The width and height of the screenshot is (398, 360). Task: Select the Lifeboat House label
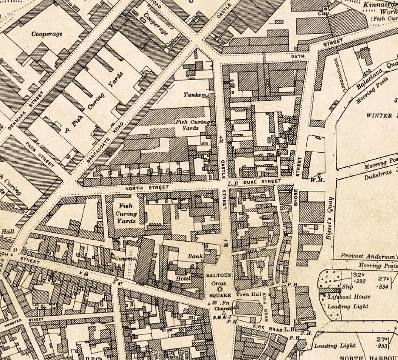349,296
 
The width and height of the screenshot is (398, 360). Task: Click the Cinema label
127,258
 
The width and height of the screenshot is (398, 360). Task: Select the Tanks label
191,94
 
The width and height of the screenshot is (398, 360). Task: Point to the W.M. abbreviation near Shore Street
316,179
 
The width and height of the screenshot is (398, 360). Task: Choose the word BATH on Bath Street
298,57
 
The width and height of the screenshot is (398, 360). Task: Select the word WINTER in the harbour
379,115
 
